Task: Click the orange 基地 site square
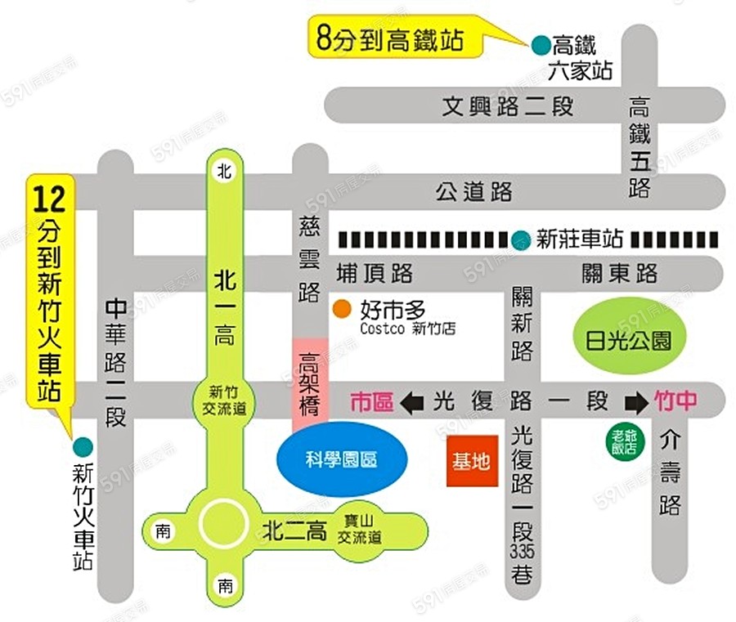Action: (x=472, y=461)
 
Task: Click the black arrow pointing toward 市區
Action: (x=412, y=401)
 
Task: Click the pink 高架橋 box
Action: (x=310, y=385)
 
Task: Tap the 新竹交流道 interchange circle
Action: (x=222, y=400)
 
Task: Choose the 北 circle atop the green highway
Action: (x=223, y=170)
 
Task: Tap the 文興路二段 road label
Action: (x=508, y=106)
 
